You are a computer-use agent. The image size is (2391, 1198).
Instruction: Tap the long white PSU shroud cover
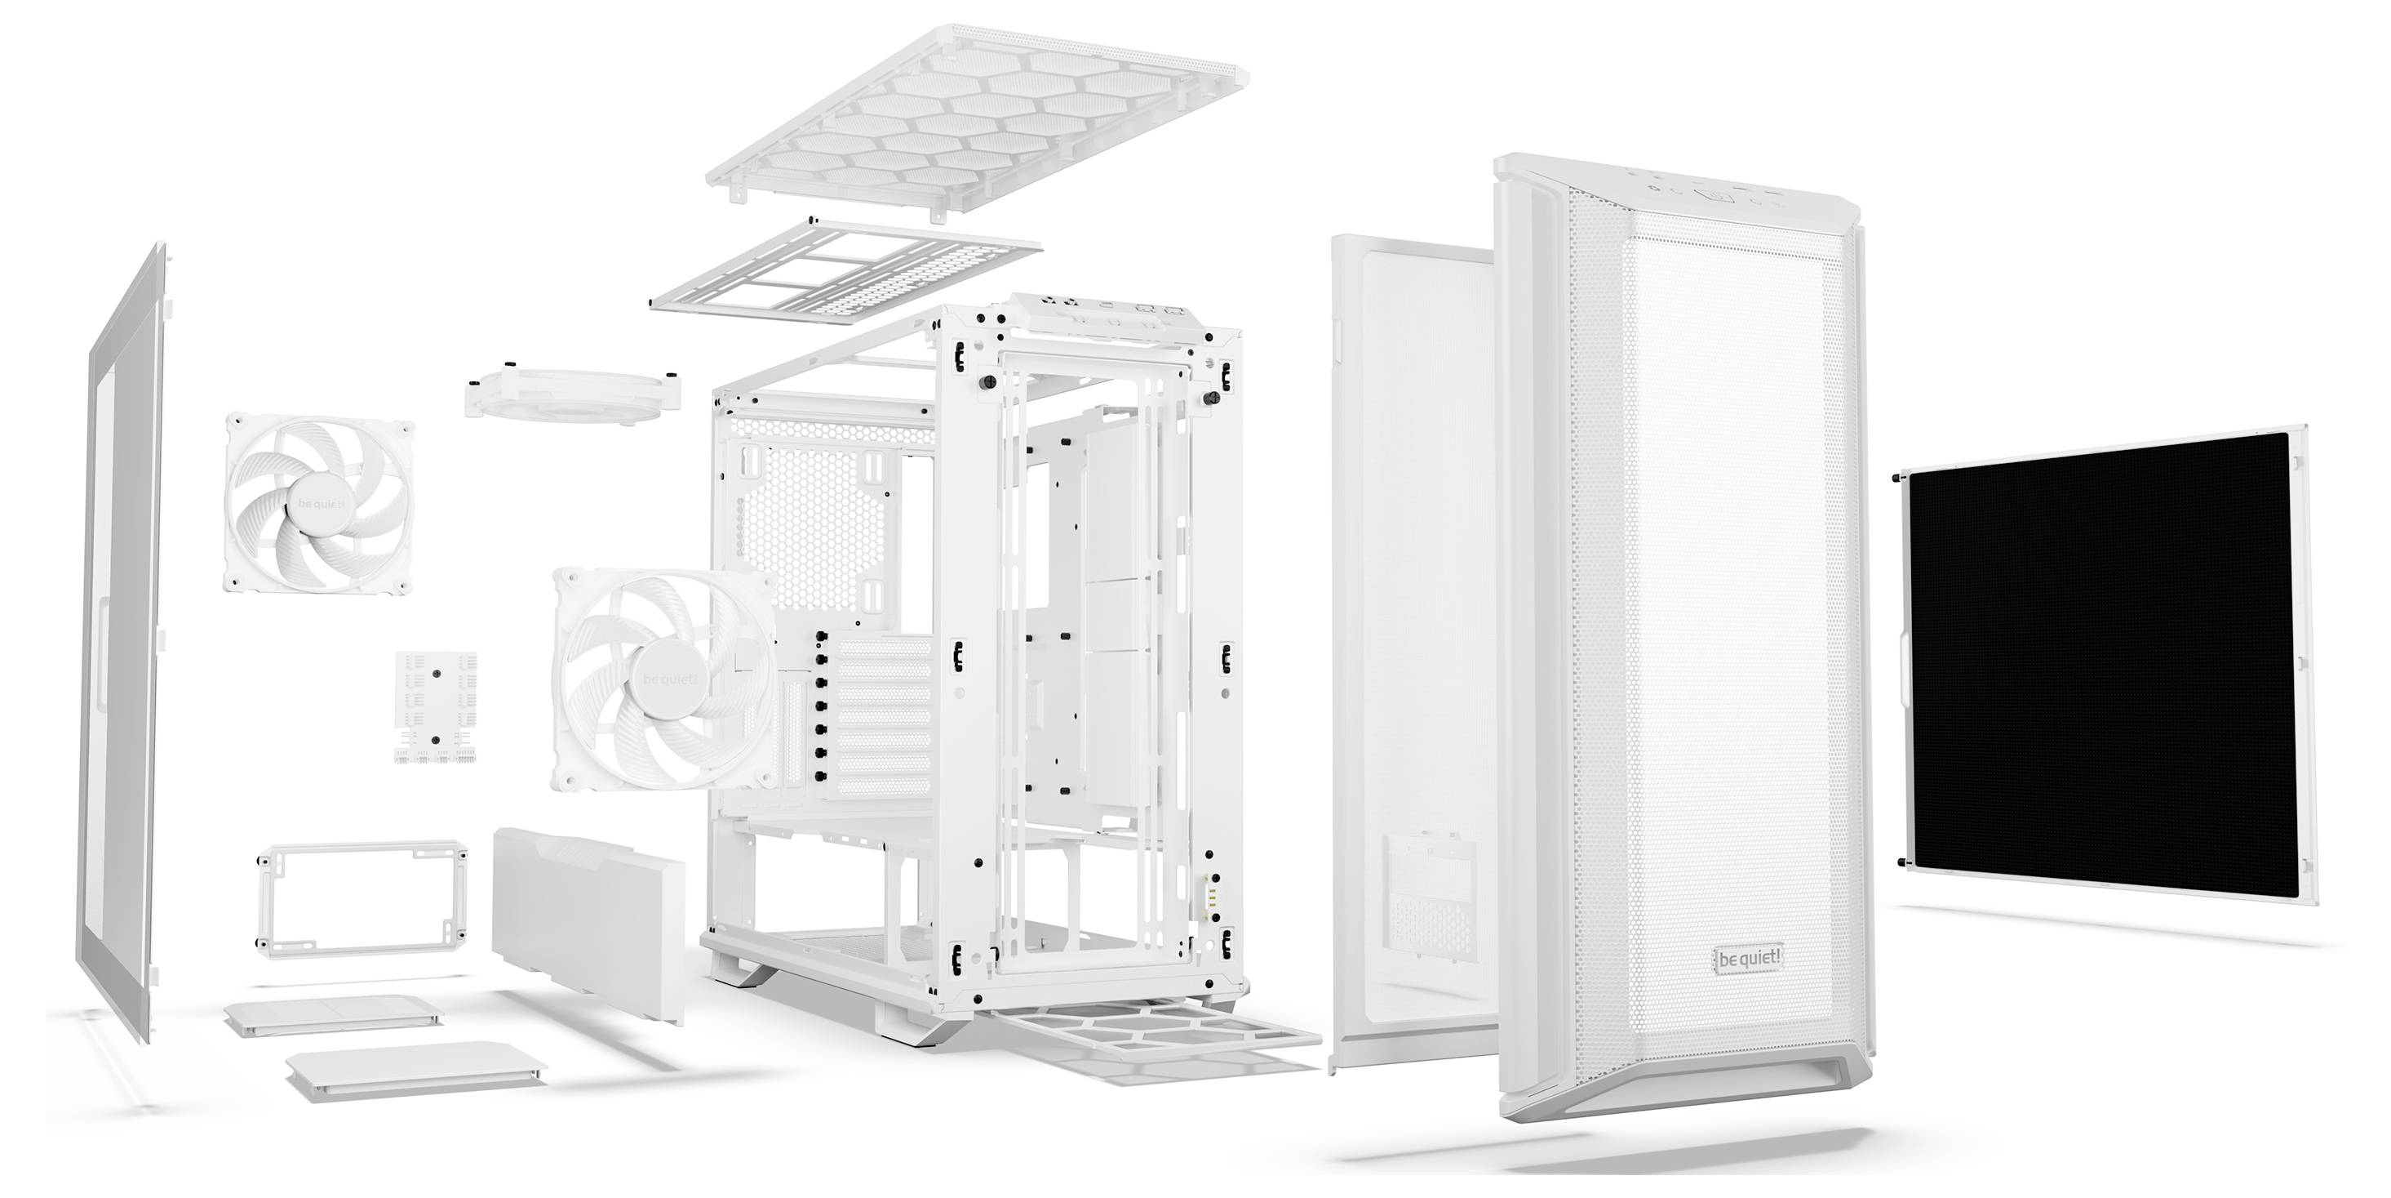click(588, 922)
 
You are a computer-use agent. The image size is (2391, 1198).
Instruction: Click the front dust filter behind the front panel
click(1411, 650)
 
